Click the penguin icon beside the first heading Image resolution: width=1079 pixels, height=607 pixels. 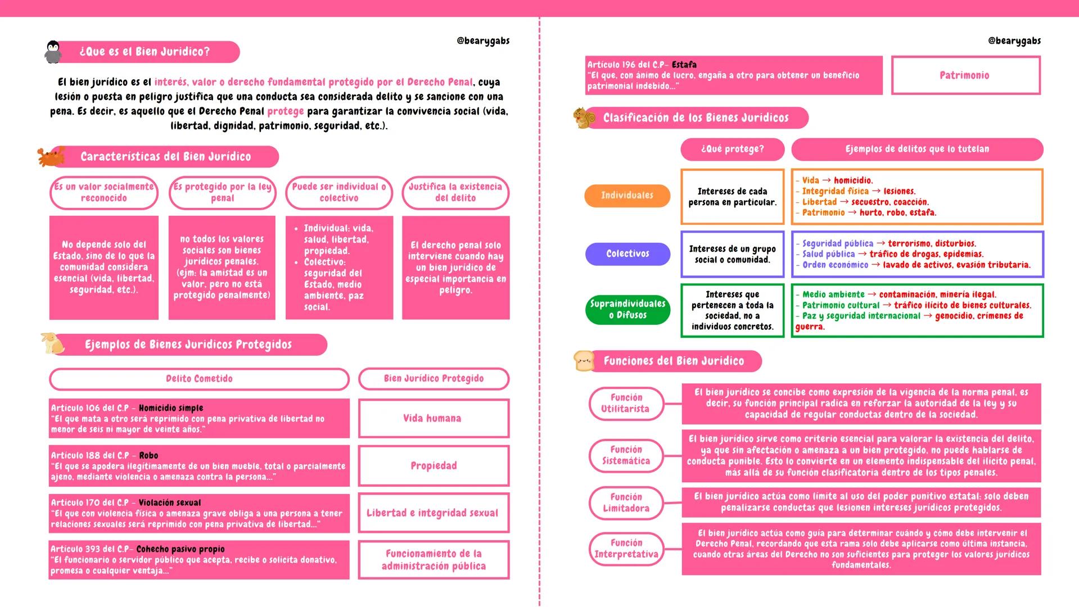[53, 52]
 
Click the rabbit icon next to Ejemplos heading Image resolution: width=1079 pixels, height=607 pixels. [52, 343]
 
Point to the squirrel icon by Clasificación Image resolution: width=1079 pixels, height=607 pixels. [584, 117]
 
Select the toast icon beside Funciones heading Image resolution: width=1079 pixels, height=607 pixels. [584, 360]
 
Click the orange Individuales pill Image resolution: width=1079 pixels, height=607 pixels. [627, 196]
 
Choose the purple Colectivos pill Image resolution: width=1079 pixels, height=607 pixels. [627, 254]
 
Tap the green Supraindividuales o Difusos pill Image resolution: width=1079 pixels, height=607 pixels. [627, 310]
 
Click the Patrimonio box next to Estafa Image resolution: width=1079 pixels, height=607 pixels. [965, 75]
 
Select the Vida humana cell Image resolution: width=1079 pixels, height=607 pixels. [433, 418]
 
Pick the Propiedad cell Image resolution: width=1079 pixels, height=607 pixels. [433, 466]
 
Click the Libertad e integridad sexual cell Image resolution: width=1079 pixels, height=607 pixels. [433, 513]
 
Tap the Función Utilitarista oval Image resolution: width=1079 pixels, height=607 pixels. [626, 404]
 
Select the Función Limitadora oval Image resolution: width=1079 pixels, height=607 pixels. [626, 503]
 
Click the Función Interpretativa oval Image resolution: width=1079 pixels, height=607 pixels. [626, 549]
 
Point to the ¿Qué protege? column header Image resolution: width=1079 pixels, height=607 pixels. [732, 150]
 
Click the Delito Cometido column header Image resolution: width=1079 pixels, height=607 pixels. [199, 379]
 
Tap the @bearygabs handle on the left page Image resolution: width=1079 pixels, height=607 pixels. [483, 41]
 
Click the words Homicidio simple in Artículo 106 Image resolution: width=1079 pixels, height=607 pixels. [171, 408]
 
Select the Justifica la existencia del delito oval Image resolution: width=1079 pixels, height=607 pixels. [455, 193]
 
